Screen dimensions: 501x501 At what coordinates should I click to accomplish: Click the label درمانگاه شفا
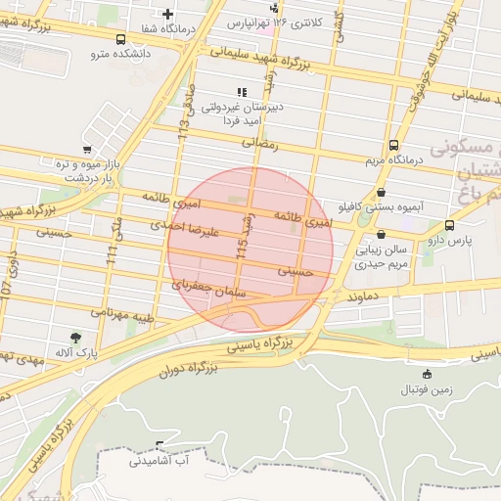click(x=169, y=29)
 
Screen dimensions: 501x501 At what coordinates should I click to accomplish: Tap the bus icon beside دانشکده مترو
click(x=120, y=41)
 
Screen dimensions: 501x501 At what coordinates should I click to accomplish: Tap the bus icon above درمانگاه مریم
click(x=393, y=143)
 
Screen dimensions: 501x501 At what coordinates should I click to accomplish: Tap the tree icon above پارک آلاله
click(x=75, y=337)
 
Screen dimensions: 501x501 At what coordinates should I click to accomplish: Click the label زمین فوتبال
click(x=426, y=389)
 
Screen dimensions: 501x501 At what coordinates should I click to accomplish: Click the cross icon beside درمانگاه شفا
click(x=169, y=14)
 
